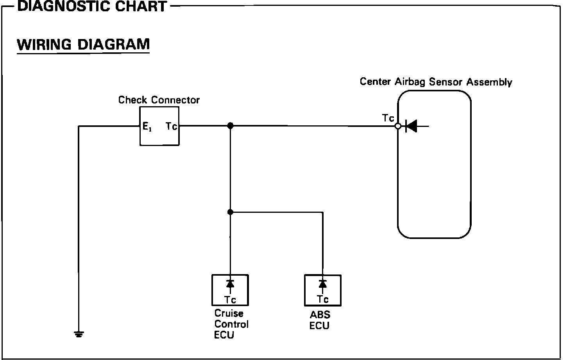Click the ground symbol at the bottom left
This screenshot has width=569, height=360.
pos(79,334)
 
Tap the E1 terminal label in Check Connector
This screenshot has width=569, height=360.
pos(147,127)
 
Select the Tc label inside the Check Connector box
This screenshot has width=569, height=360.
pos(171,126)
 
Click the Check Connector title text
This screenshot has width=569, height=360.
pos(159,100)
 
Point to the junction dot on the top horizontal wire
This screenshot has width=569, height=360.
pos(230,126)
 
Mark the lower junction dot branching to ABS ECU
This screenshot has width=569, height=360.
pos(230,212)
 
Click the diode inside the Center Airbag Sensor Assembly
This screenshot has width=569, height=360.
pos(412,126)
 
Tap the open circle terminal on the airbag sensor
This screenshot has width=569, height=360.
pos(398,126)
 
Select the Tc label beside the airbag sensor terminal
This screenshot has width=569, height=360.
pos(388,118)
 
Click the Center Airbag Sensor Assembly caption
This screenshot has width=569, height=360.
pos(436,82)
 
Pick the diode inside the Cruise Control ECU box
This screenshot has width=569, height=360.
pos(230,284)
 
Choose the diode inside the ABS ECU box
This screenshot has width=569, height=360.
pos(323,284)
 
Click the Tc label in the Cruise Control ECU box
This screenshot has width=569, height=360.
pos(230,300)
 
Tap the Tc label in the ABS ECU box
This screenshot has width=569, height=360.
pos(323,299)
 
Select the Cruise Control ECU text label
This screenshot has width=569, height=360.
pos(231,324)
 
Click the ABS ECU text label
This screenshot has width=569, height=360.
pos(320,320)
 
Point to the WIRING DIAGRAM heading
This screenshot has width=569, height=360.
pos(83,45)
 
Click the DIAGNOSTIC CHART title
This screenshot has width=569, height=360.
pos(92,6)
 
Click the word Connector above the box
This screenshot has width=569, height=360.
pos(175,100)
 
